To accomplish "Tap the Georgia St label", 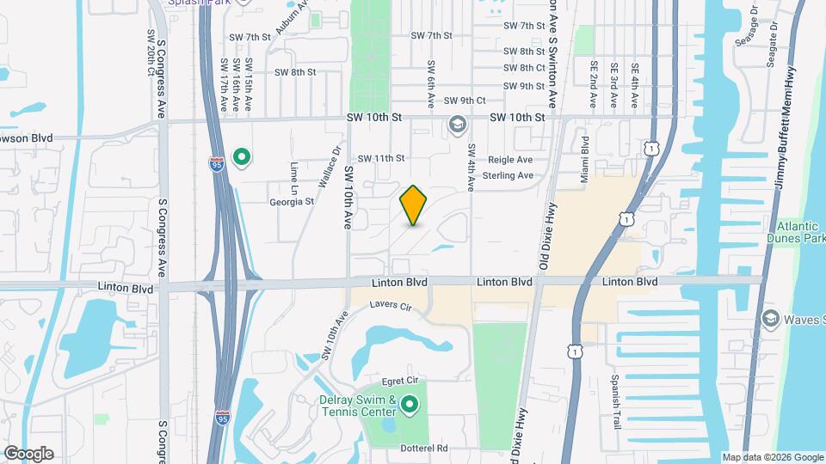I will (x=292, y=202).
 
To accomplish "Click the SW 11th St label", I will (x=381, y=158).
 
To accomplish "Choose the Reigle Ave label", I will (x=510, y=160).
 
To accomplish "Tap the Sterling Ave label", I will (x=508, y=175).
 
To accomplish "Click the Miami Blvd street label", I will (x=584, y=157).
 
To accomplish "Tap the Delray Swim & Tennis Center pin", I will (x=410, y=404).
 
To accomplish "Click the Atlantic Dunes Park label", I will (x=796, y=232).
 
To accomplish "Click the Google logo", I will (x=28, y=453).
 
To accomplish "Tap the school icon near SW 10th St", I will (x=456, y=126).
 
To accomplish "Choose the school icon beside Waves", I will (x=771, y=320).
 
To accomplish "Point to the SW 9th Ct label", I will (x=467, y=101).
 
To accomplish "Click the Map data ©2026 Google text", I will (x=772, y=457).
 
